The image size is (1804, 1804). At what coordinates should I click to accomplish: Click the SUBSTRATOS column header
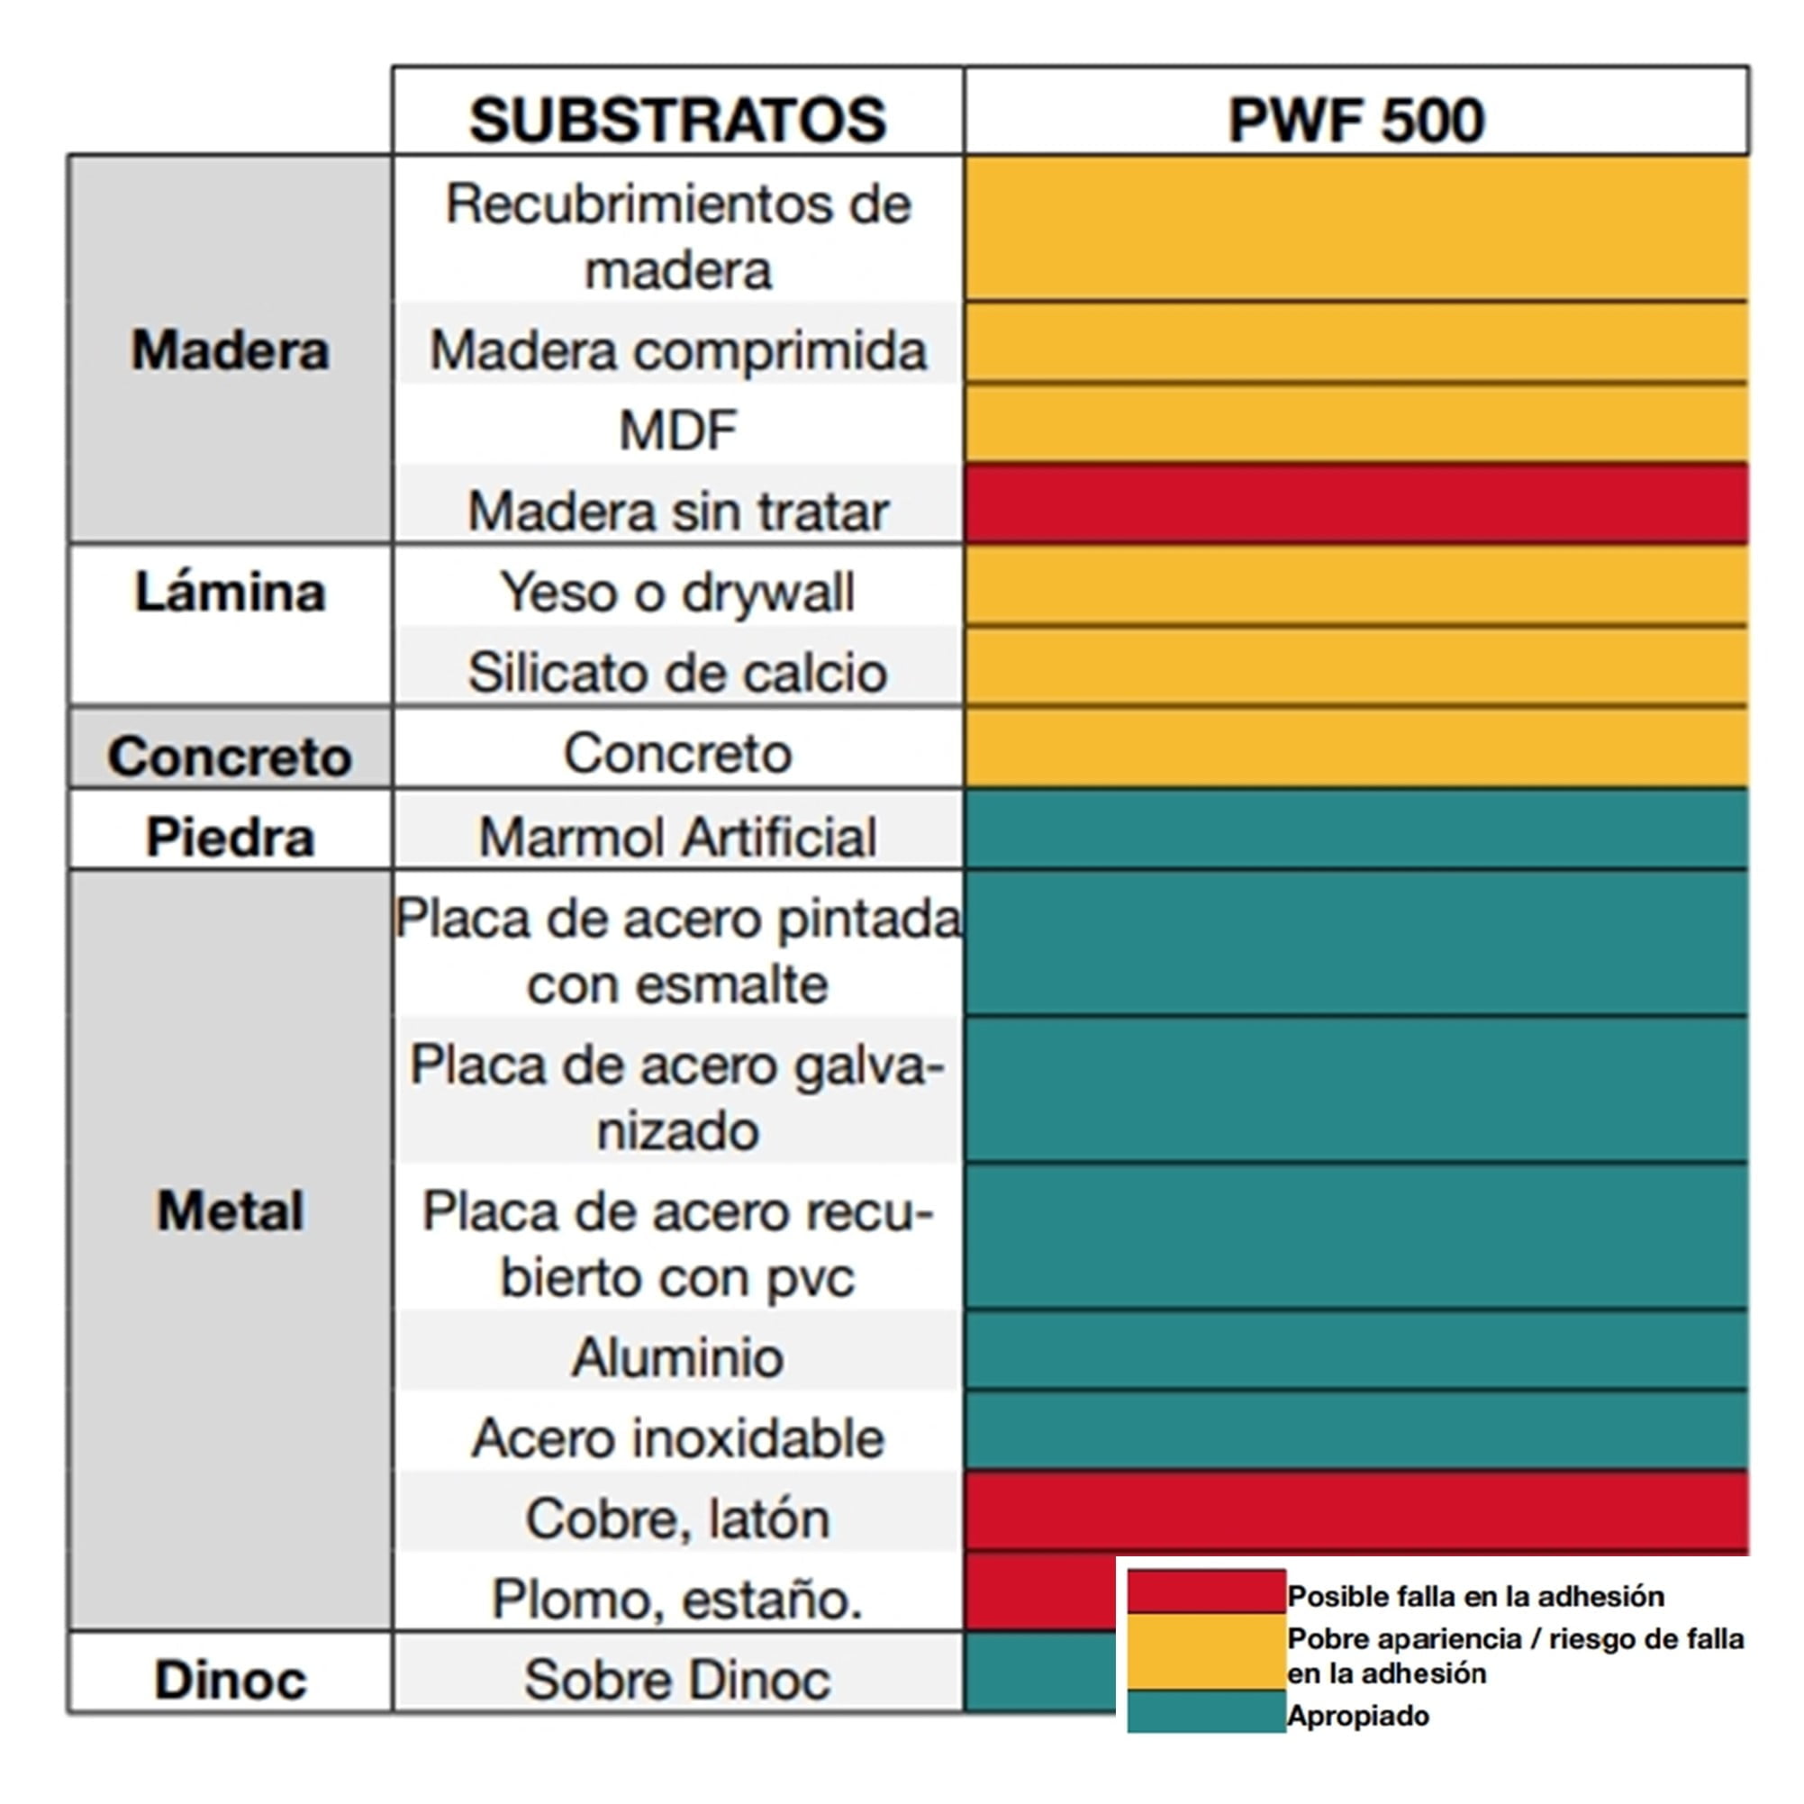click(x=677, y=120)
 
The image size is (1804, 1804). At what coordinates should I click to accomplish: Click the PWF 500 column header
click(x=1355, y=120)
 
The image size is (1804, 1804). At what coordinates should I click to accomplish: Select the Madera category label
click(x=230, y=350)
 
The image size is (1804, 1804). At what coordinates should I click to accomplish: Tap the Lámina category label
click(x=230, y=592)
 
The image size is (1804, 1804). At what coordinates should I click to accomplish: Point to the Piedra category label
click(x=230, y=837)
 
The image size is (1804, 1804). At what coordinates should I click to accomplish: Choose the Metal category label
click(x=230, y=1211)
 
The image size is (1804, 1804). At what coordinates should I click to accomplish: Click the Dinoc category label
click(x=230, y=1681)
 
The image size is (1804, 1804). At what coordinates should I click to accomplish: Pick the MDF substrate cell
click(x=678, y=431)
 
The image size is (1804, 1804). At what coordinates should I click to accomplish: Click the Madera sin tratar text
click(x=678, y=511)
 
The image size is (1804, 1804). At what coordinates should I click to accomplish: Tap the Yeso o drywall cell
click(x=678, y=592)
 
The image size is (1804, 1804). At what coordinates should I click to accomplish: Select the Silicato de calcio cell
click(x=678, y=672)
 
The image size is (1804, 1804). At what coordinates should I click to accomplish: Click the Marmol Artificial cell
click(x=678, y=836)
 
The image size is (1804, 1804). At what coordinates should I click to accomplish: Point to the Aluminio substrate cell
click(x=678, y=1356)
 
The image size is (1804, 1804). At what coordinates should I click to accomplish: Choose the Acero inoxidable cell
click(x=678, y=1438)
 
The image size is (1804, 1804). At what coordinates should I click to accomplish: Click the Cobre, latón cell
click(x=678, y=1518)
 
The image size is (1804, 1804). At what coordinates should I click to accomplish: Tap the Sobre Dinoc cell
click(x=678, y=1680)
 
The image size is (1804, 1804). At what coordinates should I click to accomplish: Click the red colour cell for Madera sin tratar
click(x=1355, y=504)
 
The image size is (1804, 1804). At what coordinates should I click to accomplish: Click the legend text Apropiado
click(x=1357, y=1716)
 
